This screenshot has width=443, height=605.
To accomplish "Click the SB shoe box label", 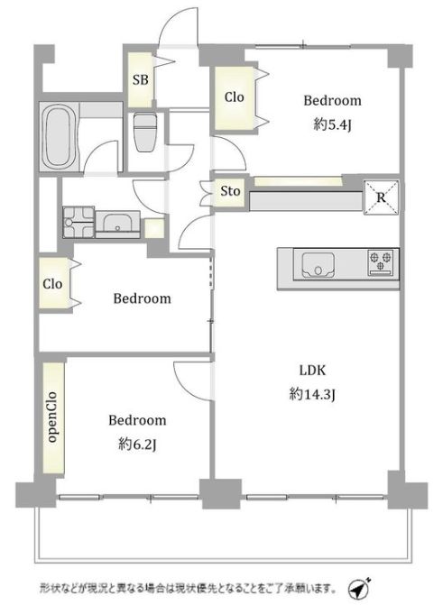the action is click(140, 80).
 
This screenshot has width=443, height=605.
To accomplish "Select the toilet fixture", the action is click(143, 132).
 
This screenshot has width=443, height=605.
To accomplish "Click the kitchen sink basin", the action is click(318, 265).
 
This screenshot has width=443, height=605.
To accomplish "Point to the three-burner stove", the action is click(381, 262).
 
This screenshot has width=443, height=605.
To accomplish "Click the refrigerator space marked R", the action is click(382, 197).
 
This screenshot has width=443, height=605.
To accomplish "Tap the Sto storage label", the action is click(230, 190).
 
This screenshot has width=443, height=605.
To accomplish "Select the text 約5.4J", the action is click(332, 124).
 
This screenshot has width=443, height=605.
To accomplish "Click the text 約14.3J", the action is click(312, 394).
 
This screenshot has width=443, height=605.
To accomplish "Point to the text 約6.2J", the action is click(137, 445).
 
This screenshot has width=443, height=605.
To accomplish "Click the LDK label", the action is click(312, 371).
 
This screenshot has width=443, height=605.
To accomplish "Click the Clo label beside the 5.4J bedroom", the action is click(234, 96).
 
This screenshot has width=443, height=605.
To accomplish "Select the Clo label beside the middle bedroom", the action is click(52, 284).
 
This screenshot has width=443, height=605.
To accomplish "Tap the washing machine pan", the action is click(78, 222).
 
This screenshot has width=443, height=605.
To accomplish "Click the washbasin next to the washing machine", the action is click(117, 224).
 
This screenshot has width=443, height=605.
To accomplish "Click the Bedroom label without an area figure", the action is click(143, 298).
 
